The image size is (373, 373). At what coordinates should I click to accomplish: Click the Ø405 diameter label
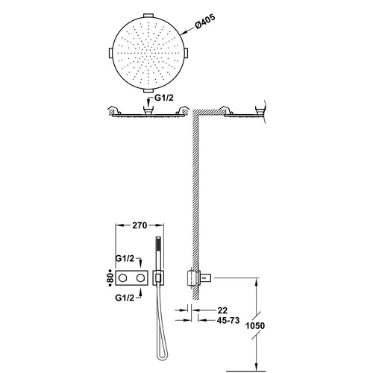[x=205, y=22]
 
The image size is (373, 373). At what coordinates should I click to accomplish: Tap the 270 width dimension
[x=140, y=225]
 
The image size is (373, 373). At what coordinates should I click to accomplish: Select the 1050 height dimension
[x=255, y=325]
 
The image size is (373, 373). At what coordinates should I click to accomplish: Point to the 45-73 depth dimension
[x=228, y=320]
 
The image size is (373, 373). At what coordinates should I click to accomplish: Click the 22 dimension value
[x=222, y=310]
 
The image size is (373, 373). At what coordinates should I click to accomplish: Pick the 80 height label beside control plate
[x=111, y=278]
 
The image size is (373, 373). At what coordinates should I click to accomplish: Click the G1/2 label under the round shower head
[x=164, y=98]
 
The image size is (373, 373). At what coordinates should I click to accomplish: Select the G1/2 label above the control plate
[x=125, y=259]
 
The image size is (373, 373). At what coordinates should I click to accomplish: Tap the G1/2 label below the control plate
[x=125, y=298]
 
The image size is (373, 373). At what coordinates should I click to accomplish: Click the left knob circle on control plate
[x=123, y=278]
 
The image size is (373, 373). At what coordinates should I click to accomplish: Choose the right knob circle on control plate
[x=140, y=278]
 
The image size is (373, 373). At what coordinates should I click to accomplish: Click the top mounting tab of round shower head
[x=148, y=16]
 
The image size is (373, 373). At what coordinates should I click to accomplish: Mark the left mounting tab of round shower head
[x=111, y=53]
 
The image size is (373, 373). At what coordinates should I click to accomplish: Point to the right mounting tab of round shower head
[x=186, y=53]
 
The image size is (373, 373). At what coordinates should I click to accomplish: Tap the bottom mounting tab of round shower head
[x=148, y=90]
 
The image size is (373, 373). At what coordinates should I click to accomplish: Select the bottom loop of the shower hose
[x=160, y=357]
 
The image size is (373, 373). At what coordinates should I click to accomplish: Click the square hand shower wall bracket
[x=158, y=278]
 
